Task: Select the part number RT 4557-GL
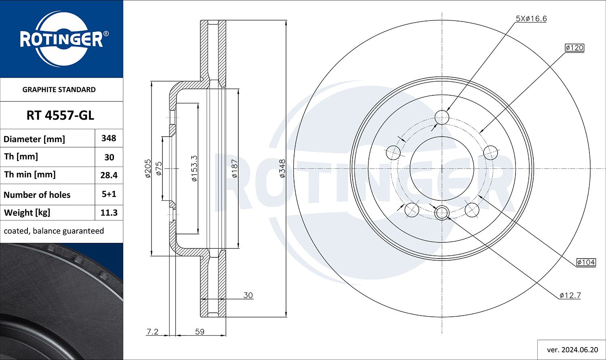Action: coord(60,116)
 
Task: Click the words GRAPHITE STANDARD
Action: coord(59,90)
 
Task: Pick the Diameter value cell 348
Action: coord(109,138)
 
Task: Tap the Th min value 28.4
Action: coord(109,175)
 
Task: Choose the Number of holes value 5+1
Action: coord(109,194)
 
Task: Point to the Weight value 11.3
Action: coord(109,213)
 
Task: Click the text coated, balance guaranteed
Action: coord(54,231)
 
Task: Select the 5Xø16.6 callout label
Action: coord(531,19)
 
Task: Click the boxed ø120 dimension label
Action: coord(574,48)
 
